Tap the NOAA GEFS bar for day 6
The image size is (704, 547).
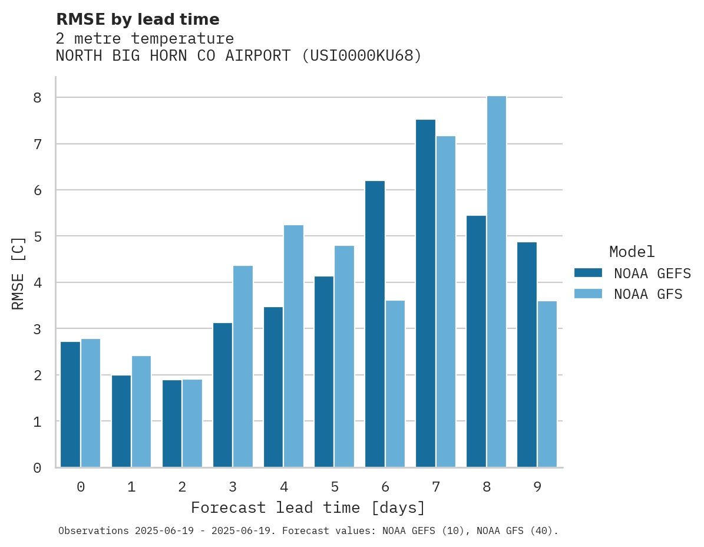[375, 324]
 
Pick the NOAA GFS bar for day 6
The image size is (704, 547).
[395, 384]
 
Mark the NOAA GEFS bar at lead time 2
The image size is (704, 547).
[172, 424]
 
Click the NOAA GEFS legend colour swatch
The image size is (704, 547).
[588, 273]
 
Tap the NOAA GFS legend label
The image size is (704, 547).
[648, 294]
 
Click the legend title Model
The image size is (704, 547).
[632, 252]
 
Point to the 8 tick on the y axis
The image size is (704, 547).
[37, 98]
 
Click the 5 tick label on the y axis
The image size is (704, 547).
[37, 236]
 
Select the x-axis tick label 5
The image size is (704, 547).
[335, 487]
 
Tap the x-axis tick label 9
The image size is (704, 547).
[537, 487]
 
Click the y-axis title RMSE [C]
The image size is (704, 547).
[18, 273]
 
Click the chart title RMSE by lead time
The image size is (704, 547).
[137, 19]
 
